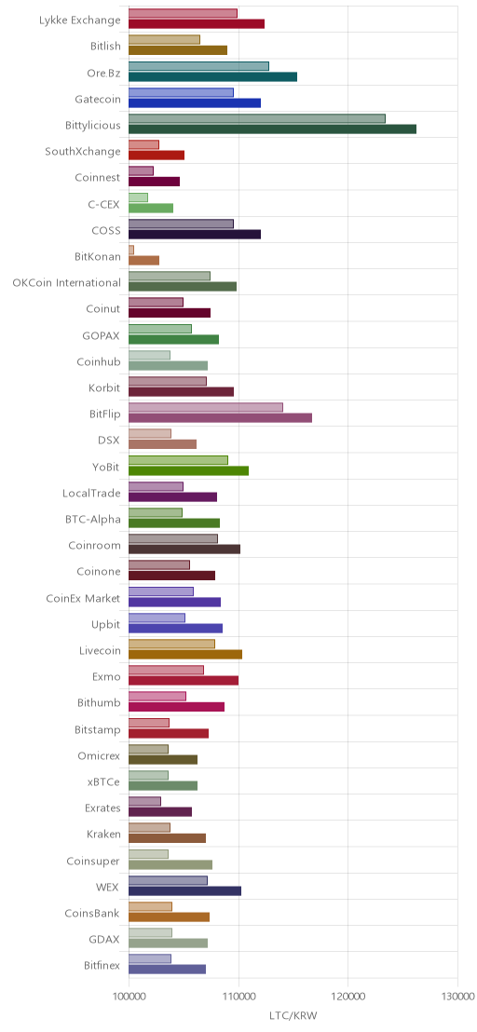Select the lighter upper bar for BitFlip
point(206,407)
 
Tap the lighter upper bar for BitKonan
point(131,251)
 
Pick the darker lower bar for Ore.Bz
point(213,76)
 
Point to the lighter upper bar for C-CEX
point(138,197)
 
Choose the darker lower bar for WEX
point(184,890)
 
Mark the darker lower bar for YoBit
point(189,470)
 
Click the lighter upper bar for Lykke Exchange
point(183,13)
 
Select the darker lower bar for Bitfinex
point(167,969)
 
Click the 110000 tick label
point(238,996)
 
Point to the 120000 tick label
point(348,996)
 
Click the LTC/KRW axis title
point(293,1016)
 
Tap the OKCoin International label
point(66,283)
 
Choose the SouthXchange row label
point(83,152)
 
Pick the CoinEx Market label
point(84,598)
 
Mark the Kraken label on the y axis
point(104,835)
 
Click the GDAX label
point(107,940)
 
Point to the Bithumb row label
point(100,703)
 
